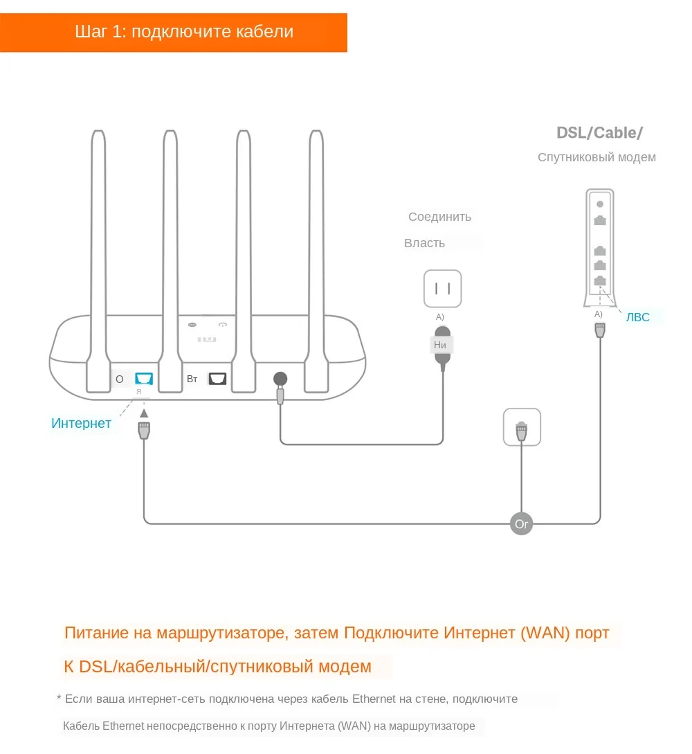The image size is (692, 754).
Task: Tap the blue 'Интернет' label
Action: (81, 423)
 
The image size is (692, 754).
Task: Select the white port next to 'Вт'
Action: (217, 379)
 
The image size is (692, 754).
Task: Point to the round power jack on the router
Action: (280, 379)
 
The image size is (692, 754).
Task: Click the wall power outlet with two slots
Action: (442, 288)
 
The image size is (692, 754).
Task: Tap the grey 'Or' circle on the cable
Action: (522, 523)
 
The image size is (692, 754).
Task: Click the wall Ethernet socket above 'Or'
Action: (522, 427)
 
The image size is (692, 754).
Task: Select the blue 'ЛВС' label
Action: (637, 318)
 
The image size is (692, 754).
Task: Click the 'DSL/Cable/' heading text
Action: (599, 132)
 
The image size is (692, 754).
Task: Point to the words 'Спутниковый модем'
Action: (597, 157)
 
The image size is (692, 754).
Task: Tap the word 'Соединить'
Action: (439, 217)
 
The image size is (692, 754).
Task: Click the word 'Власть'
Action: (424, 243)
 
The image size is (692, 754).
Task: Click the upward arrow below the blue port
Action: (144, 413)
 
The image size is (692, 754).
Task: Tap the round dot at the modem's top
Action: (600, 204)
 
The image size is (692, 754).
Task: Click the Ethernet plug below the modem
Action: (599, 330)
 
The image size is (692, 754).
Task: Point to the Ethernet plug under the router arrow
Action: (144, 431)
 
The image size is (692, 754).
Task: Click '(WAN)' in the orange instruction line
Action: (546, 632)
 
